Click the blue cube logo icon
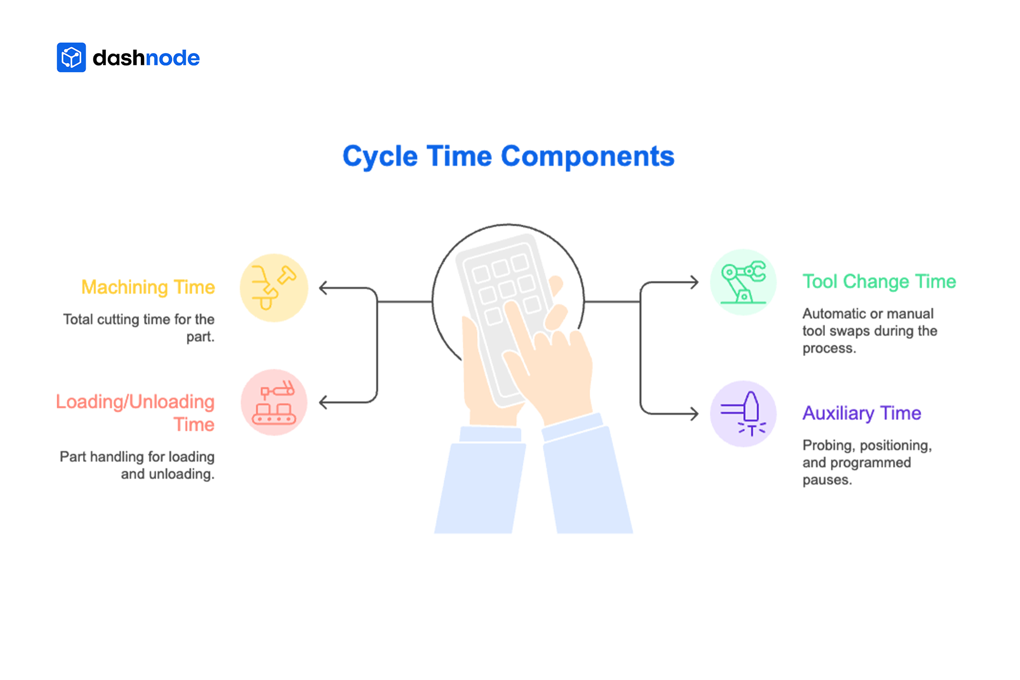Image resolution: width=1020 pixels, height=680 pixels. coord(71,57)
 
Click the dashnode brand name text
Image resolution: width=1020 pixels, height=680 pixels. coord(146,58)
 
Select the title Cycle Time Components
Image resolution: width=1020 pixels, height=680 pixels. coord(508,156)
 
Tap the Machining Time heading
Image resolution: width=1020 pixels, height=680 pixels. coord(148,287)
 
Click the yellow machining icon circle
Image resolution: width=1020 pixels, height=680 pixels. coord(274,288)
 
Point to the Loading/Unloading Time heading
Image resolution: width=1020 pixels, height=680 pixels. coord(136,413)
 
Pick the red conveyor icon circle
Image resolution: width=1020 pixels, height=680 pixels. coord(274,403)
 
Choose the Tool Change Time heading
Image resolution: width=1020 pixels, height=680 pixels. coord(879,282)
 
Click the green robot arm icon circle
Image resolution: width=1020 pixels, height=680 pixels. coord(743,282)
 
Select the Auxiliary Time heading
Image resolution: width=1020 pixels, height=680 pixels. coord(862,413)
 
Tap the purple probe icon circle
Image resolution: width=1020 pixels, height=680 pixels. coord(743,414)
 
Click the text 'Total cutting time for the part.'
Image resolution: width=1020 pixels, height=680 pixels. coord(139,328)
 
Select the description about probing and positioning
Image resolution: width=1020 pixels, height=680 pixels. coord(867,462)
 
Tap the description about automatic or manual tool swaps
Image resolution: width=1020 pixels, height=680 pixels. coord(869,330)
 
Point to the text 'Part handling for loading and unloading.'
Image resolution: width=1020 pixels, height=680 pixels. coord(138,465)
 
